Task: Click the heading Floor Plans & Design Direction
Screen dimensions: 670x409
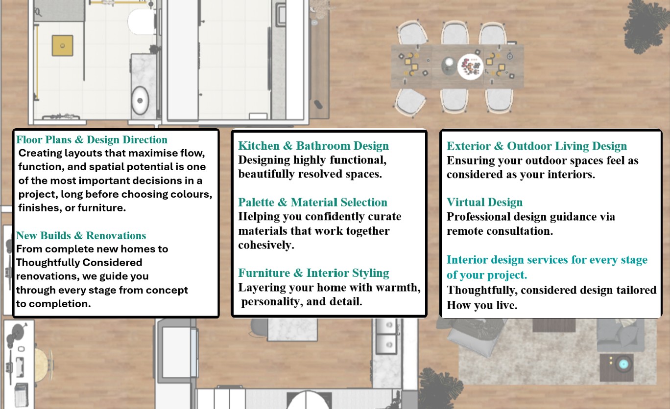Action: coord(92,139)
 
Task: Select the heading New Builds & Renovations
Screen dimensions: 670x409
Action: coord(81,235)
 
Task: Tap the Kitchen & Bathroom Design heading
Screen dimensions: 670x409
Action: coord(313,146)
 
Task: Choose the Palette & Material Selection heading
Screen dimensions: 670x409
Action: coord(312,202)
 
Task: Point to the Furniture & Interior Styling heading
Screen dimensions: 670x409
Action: coord(313,273)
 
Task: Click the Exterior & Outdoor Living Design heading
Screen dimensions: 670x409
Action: coord(537,146)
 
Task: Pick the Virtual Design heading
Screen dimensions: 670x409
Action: coord(484,202)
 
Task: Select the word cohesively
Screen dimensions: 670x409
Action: coord(266,245)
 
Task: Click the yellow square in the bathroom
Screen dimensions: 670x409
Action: coord(63,45)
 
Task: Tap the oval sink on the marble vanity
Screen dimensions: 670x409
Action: coord(140,100)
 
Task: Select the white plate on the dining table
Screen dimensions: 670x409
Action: coord(470,67)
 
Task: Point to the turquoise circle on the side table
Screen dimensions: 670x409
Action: coord(623,364)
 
